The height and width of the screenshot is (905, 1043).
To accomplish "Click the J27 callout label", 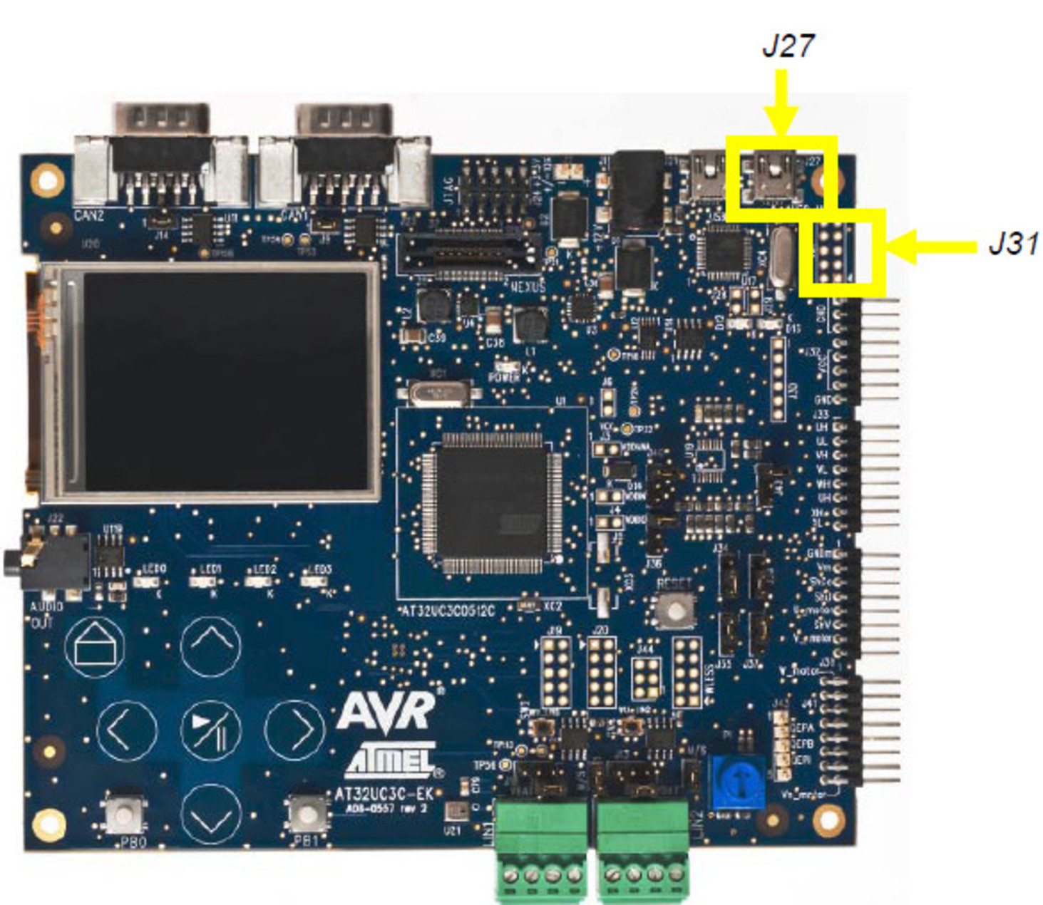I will point(787,46).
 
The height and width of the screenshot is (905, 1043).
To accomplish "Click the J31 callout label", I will point(1012,244).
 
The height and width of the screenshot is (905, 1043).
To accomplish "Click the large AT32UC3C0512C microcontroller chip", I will point(491,502).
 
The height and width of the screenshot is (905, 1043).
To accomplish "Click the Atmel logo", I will point(391,760).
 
